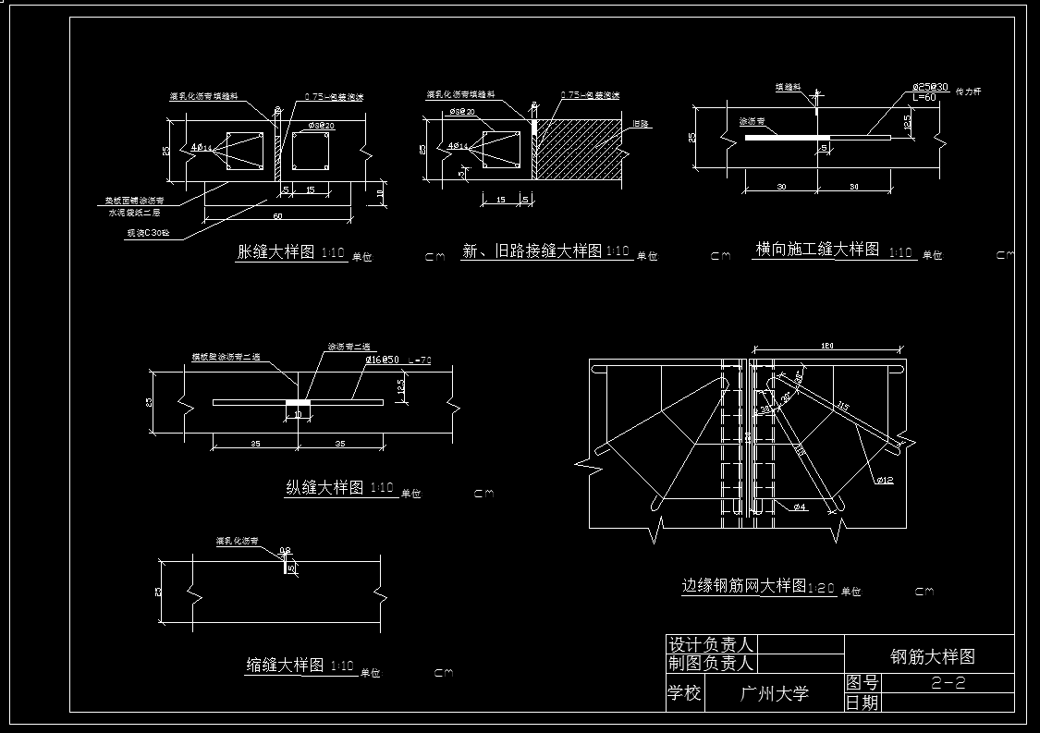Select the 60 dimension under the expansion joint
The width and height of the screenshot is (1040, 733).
[x=277, y=215]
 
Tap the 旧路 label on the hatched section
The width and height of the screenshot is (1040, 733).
[x=640, y=123]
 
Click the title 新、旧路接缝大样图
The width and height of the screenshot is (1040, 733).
[x=532, y=251]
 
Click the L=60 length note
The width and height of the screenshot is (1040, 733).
[x=924, y=97]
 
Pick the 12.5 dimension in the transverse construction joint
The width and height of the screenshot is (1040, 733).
[x=907, y=120]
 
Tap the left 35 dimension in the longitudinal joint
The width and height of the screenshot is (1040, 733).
[x=255, y=444]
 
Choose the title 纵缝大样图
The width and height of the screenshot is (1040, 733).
[x=324, y=488]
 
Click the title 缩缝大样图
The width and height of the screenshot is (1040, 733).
[x=285, y=666]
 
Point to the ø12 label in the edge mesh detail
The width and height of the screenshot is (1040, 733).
[x=885, y=479]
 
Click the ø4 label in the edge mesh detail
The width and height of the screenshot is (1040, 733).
[x=800, y=507]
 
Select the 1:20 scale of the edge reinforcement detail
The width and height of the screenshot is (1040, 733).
[x=822, y=588]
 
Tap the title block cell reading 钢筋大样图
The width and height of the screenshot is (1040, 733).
[x=932, y=656]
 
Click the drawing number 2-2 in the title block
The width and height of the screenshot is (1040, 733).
[x=948, y=684]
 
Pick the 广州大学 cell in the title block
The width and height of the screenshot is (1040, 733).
[x=775, y=693]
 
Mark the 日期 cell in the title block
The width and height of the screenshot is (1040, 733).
[x=863, y=702]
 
